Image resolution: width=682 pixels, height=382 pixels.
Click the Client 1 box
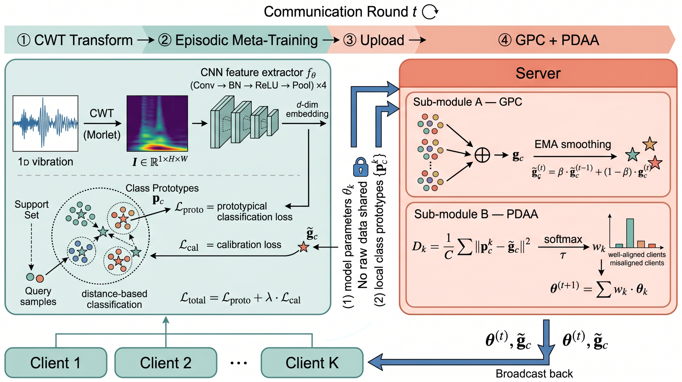56,363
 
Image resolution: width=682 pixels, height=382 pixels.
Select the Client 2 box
166,363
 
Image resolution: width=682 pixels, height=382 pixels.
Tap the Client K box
312,363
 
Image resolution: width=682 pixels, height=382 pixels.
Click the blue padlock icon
361,167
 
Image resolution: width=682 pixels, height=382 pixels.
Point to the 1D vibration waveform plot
46,123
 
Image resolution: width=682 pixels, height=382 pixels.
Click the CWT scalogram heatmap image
157,123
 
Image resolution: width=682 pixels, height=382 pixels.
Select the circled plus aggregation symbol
482,155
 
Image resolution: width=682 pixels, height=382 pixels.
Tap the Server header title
538,73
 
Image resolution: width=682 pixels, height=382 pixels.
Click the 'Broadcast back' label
534,374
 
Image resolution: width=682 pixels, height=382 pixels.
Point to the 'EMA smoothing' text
573,144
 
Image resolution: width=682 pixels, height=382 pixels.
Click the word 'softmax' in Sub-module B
563,239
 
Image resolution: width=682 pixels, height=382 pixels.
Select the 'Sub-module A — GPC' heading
468,102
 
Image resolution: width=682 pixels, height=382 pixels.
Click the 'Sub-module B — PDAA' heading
476,214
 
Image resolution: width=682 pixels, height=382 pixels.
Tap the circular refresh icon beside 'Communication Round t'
430,12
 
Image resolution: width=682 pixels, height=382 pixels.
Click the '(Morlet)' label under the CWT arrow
102,135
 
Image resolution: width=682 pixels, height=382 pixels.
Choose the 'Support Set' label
31,209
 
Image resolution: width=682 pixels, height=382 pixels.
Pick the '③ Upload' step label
374,40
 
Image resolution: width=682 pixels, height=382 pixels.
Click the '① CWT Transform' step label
75,40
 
